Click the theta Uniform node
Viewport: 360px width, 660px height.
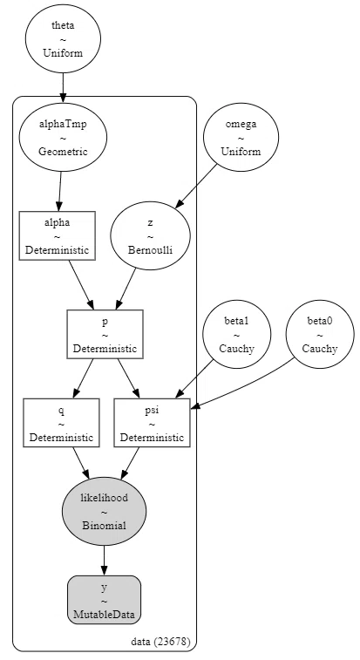(x=63, y=38)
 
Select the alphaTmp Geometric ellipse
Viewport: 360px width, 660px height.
(x=63, y=137)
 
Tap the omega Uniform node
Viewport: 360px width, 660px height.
(x=241, y=137)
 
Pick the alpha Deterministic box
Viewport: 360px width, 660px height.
(x=58, y=235)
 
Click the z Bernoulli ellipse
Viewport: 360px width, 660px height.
(x=150, y=235)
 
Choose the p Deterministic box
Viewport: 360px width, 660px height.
(x=105, y=334)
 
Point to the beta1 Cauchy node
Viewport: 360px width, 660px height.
(x=236, y=334)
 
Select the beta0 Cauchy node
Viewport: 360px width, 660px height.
(x=320, y=334)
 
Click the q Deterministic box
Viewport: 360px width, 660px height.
(x=62, y=423)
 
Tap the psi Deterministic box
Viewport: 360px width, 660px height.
(x=152, y=423)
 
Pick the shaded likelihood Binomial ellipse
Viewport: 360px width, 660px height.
(x=104, y=511)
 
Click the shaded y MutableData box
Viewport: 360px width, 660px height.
(x=104, y=600)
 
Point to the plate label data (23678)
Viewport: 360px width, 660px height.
(x=161, y=642)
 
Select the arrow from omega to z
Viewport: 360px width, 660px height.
(x=197, y=185)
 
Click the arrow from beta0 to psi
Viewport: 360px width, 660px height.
(x=244, y=384)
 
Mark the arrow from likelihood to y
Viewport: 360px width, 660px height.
(x=104, y=561)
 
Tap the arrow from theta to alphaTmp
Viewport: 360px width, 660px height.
(x=63, y=88)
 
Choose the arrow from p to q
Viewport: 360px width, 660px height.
(x=83, y=378)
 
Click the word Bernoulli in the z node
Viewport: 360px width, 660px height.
(x=150, y=249)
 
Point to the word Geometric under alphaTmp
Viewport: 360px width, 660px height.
(x=63, y=151)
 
